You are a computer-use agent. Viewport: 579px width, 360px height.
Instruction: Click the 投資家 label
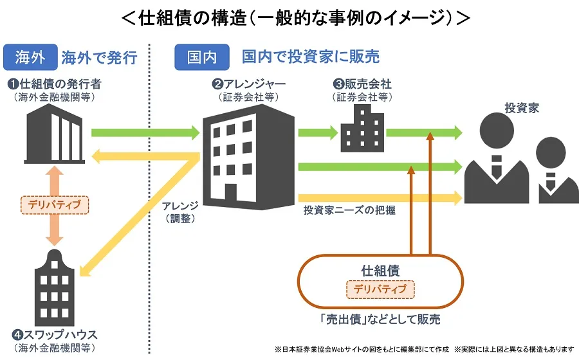522,108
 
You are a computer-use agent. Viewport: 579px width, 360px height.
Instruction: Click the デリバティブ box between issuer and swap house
55,205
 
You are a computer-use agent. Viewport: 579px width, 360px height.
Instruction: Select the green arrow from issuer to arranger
145,132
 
